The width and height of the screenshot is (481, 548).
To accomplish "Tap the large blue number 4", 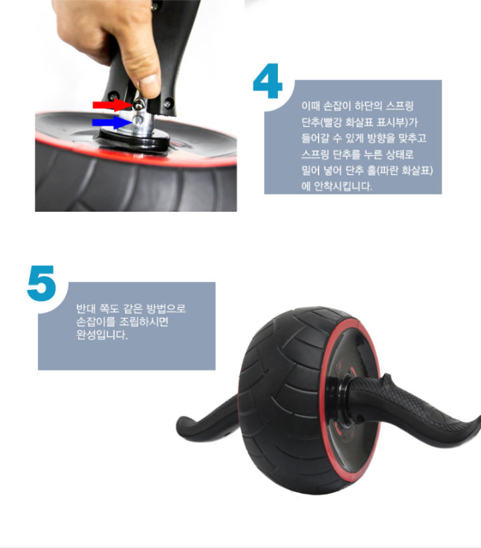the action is (268, 81).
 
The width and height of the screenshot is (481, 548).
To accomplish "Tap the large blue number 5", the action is (41, 283).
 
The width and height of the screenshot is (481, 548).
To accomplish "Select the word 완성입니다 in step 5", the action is (102, 335).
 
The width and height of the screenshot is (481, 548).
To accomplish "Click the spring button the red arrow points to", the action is (139, 104).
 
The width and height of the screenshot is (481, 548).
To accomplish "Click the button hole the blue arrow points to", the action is (138, 120).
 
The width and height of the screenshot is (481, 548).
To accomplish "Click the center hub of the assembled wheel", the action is (344, 402).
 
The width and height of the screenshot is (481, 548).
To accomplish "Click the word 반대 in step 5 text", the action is (86, 309).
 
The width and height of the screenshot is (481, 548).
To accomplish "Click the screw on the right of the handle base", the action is (168, 104).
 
